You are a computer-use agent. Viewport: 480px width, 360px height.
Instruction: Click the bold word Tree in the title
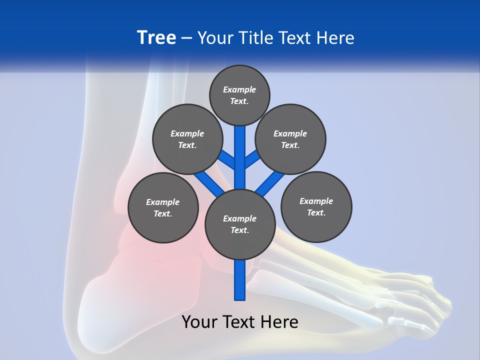tap(156, 38)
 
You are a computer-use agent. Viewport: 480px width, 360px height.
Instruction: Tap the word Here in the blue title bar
tap(335, 38)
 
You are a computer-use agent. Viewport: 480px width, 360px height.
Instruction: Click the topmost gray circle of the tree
tap(239, 95)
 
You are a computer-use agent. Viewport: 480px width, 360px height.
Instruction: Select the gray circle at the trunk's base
tap(240, 224)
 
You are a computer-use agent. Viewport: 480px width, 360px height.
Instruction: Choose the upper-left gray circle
tap(187, 139)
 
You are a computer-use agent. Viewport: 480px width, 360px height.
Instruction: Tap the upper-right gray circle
tap(290, 139)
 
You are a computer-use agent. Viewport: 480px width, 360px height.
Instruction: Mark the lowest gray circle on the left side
tap(163, 207)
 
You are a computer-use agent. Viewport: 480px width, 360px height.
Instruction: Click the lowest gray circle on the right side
tap(316, 206)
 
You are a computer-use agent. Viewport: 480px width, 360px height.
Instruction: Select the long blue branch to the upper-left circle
tap(207, 181)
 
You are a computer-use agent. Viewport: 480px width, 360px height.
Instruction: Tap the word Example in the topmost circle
tap(239, 89)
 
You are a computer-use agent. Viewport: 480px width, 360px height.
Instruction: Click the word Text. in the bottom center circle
tap(240, 230)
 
